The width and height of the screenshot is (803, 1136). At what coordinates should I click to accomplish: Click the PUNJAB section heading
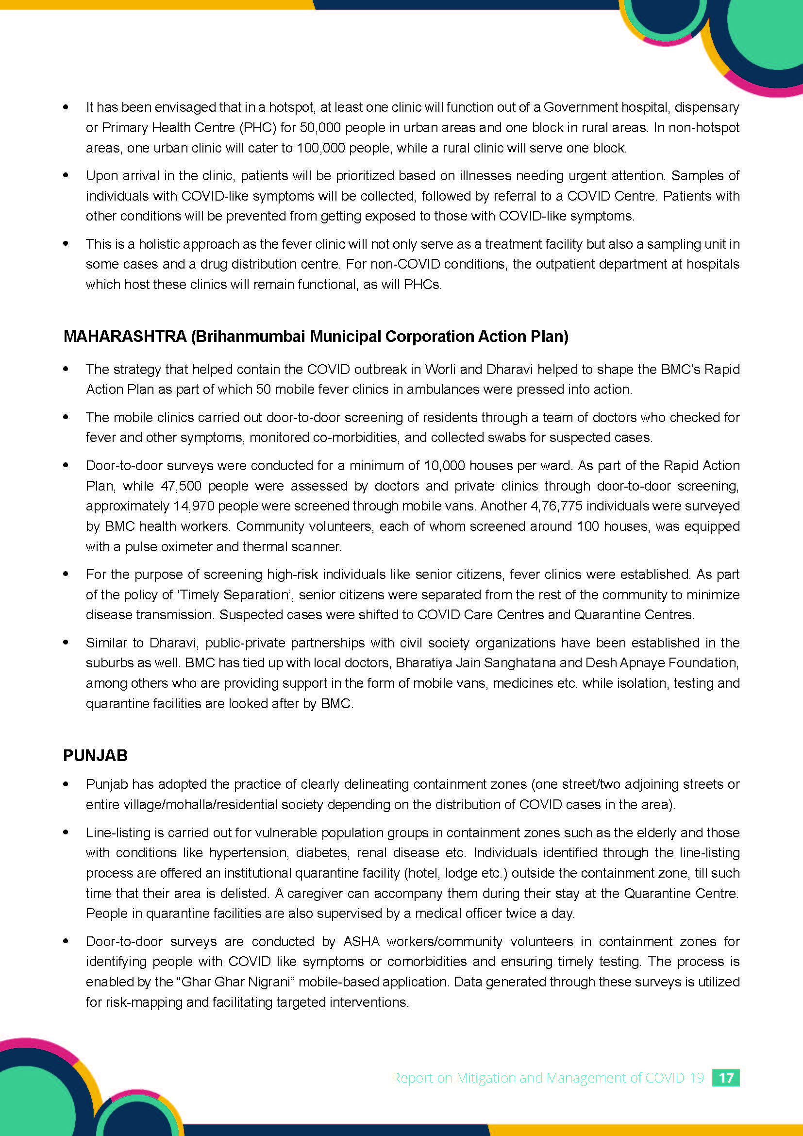point(96,756)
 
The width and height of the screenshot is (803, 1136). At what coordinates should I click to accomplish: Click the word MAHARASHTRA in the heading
point(125,337)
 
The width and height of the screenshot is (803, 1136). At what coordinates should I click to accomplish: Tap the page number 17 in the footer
point(725,1078)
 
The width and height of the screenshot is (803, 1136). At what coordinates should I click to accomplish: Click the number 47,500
point(181,486)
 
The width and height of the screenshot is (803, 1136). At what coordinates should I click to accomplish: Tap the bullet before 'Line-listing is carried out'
point(66,832)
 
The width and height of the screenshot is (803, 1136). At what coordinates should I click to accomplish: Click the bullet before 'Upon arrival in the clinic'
point(66,175)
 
